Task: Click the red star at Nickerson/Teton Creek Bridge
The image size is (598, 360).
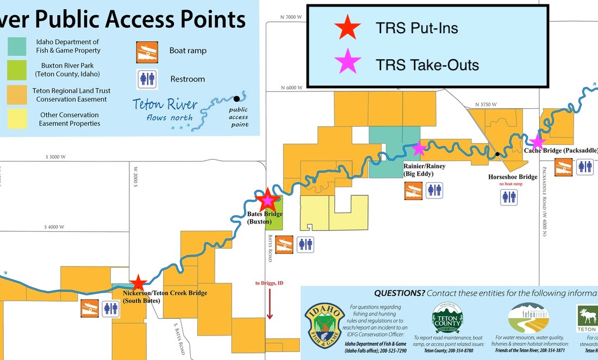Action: (x=138, y=283)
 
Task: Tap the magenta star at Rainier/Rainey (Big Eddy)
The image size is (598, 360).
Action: (x=419, y=148)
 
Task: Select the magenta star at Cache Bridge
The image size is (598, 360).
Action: (x=537, y=141)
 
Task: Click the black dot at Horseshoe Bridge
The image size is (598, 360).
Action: (x=497, y=154)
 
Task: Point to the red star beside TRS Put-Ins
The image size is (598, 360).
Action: (x=347, y=28)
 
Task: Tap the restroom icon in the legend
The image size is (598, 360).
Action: (x=147, y=79)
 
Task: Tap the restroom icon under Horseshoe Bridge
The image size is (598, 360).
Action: (x=509, y=197)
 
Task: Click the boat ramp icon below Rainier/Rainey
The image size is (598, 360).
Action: (x=413, y=190)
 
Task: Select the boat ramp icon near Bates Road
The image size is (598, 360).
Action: (x=284, y=245)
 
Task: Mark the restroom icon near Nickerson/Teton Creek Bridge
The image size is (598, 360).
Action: (x=111, y=308)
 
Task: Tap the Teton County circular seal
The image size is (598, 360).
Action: (x=447, y=318)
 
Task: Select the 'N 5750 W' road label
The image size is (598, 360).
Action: (x=487, y=104)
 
